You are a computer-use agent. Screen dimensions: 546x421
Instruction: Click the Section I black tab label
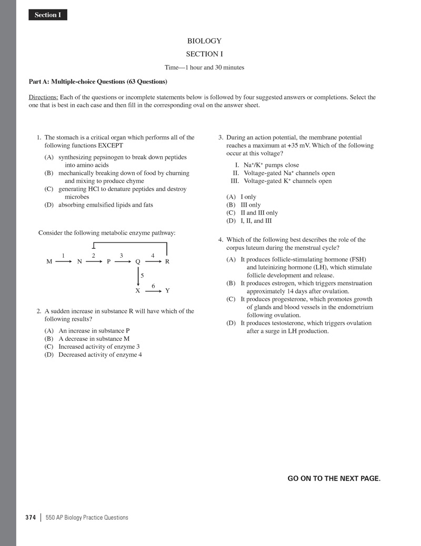coord(48,15)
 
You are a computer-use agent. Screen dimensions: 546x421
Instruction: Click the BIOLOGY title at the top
coord(204,41)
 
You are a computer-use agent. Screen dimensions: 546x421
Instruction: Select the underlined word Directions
coord(43,97)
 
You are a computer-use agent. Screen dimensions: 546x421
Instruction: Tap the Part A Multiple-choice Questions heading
coord(98,82)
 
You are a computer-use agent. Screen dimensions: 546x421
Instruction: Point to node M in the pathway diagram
coord(49,261)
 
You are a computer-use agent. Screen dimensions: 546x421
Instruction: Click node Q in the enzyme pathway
coord(138,261)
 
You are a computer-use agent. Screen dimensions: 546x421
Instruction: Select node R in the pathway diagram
coord(167,261)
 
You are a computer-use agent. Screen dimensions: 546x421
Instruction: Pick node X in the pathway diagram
coord(138,290)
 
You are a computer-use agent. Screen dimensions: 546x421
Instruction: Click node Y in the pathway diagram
coord(167,290)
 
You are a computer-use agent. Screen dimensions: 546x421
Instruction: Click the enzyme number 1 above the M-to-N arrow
coord(63,256)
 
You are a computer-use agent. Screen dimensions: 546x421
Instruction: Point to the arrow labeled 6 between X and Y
coord(153,290)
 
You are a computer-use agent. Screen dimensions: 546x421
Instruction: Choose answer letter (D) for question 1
coord(49,205)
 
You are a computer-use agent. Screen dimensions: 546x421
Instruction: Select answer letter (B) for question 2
coord(49,339)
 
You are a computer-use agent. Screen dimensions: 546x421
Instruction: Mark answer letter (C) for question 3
coord(231,213)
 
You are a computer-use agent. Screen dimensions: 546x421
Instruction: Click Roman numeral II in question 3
coord(236,173)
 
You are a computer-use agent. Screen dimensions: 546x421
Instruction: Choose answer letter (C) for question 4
coord(231,299)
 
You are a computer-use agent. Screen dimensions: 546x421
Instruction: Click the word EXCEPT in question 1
coord(111,146)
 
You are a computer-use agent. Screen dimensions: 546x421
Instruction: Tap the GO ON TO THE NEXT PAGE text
coord(334,478)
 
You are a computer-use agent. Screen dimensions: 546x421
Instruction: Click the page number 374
coord(31,518)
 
